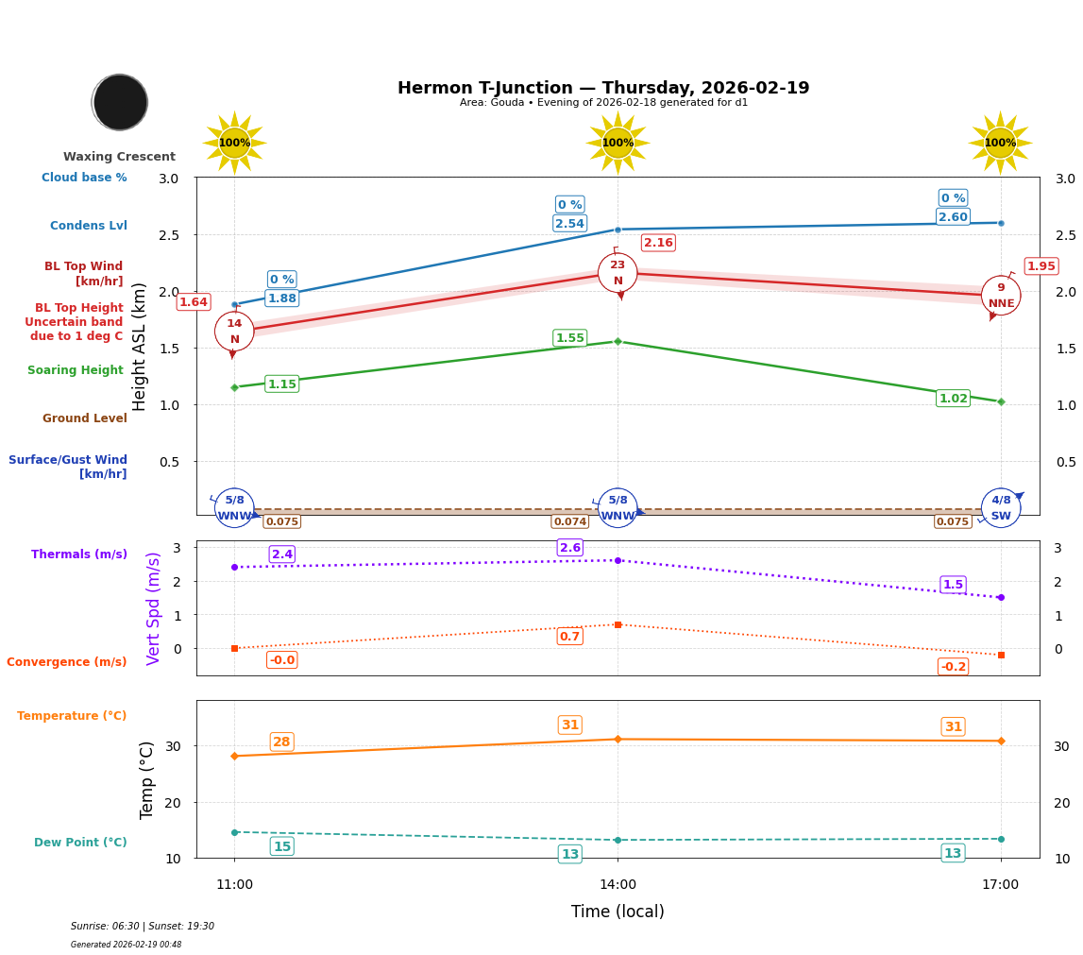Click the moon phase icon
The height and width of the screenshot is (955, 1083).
coord(120,102)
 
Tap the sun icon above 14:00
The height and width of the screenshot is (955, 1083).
coord(618,143)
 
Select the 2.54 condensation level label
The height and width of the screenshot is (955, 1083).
coord(569,224)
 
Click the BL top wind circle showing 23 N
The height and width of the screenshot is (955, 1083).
coord(618,273)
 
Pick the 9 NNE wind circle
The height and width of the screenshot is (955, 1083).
coord(1001,296)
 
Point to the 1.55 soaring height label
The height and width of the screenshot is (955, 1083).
coord(569,338)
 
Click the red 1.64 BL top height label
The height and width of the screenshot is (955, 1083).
coord(194,302)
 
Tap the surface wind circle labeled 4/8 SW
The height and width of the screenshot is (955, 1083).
coord(1001,508)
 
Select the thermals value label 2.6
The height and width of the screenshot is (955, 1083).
coord(570,548)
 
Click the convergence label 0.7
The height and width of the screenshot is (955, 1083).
coord(569,637)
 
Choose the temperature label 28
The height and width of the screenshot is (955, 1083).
coord(281,742)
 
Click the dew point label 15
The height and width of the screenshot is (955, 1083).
coord(281,846)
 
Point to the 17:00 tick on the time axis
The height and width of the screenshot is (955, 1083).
coord(1000,885)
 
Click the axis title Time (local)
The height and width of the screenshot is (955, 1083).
coord(618,912)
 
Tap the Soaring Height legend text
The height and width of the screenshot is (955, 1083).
coord(76,370)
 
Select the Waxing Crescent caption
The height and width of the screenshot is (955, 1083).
coord(119,157)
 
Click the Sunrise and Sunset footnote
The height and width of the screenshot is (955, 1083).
coord(143,927)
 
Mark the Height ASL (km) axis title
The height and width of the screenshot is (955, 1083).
coord(140,347)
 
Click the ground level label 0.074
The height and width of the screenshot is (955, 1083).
coord(569,521)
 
